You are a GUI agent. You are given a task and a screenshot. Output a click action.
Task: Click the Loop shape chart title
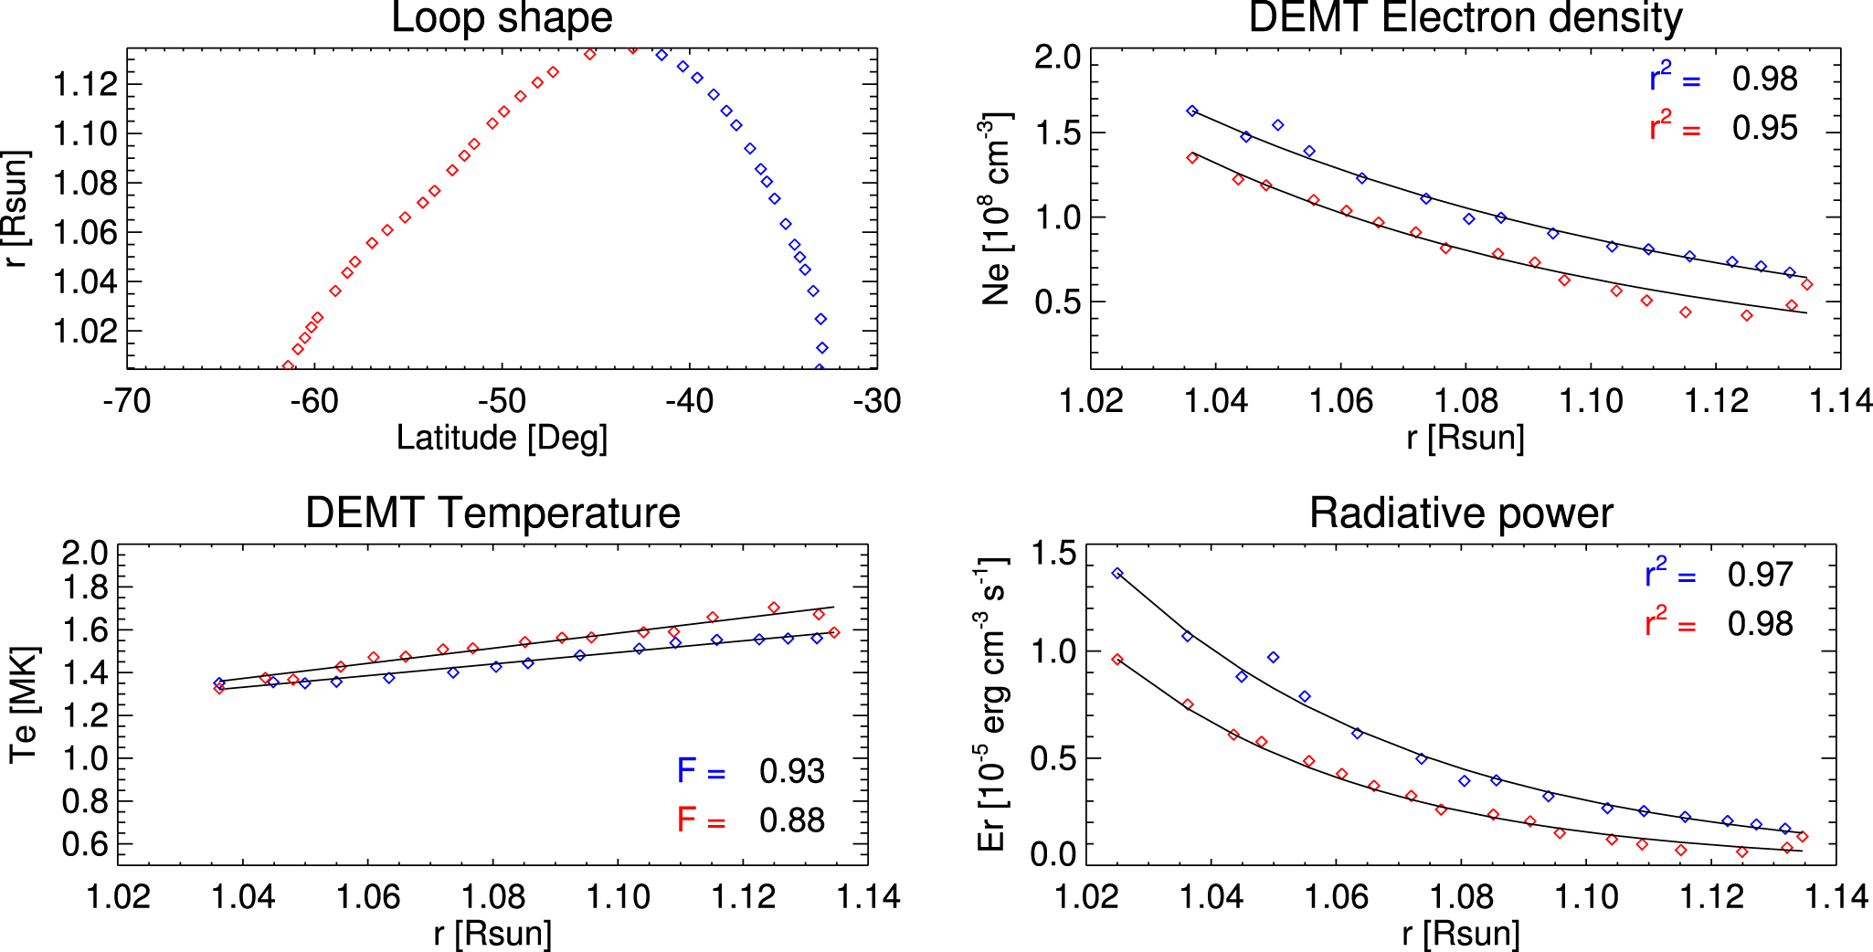(x=502, y=18)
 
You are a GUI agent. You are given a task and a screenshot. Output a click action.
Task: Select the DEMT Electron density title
(x=1465, y=18)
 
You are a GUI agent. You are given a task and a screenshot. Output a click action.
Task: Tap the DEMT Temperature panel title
(x=492, y=513)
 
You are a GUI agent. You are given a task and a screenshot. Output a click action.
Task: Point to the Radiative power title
(x=1461, y=513)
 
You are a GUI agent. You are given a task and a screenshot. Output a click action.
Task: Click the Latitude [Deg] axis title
(x=502, y=439)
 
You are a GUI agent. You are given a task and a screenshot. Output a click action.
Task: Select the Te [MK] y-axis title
(x=24, y=705)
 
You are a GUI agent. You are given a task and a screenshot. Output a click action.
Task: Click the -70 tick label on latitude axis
(x=127, y=401)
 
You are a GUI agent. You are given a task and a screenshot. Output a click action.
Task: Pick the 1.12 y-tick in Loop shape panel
(x=86, y=85)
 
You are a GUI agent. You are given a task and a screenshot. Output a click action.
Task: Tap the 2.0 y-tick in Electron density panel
(x=1058, y=58)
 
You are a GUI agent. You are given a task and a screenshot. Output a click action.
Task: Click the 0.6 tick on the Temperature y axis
(x=85, y=844)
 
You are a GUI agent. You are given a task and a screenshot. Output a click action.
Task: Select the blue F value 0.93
(x=791, y=772)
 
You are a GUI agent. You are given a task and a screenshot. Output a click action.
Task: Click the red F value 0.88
(x=791, y=820)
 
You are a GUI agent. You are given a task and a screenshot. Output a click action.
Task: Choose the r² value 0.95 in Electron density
(x=1764, y=129)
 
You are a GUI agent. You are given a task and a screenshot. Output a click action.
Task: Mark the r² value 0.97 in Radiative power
(x=1760, y=575)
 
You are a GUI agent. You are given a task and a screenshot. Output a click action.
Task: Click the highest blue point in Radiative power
(x=1116, y=574)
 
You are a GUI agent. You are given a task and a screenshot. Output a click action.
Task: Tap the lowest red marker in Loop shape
(x=288, y=366)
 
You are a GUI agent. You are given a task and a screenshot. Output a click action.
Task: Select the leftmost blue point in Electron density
(x=1191, y=111)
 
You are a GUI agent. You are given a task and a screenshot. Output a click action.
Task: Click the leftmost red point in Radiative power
(x=1116, y=660)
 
